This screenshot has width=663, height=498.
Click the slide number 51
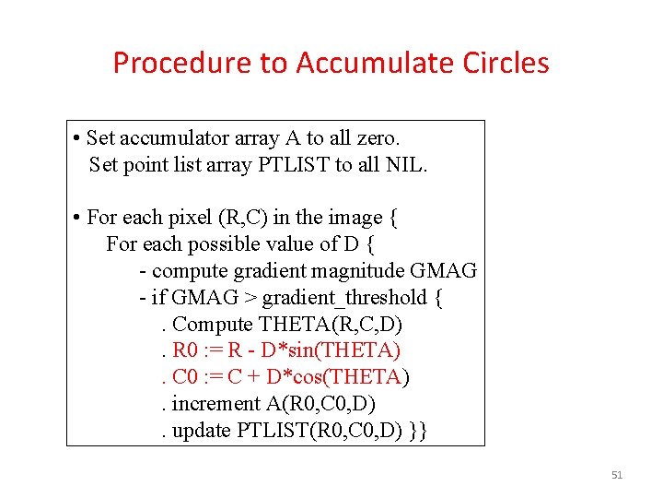[617, 475]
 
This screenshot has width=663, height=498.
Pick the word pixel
[190, 218]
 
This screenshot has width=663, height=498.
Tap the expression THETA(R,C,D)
[331, 325]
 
